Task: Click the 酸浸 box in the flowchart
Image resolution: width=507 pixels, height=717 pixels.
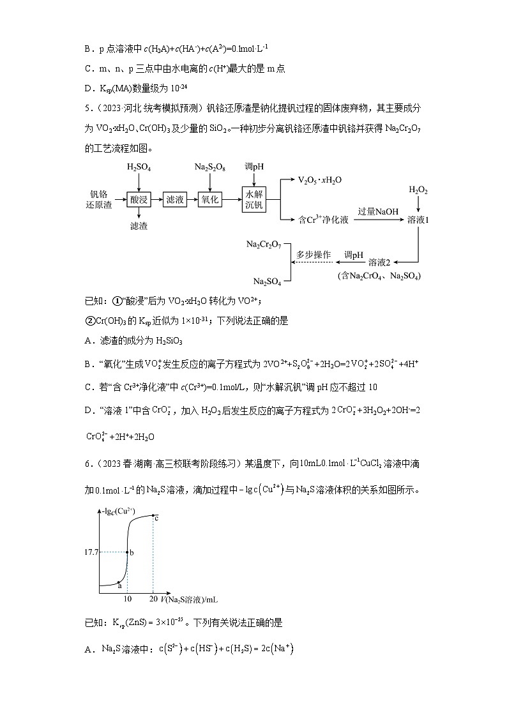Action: pyautogui.click(x=139, y=200)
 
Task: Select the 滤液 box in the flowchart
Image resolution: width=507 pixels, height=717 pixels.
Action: pyautogui.click(x=174, y=200)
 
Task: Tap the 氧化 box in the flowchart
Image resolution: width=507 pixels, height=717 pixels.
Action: pyautogui.click(x=210, y=200)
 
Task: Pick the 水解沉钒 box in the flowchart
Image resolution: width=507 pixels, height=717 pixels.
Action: pyautogui.click(x=253, y=200)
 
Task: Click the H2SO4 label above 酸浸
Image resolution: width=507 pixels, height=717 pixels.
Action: pyautogui.click(x=139, y=167)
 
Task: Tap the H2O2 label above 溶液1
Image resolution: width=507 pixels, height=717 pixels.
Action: pyautogui.click(x=418, y=191)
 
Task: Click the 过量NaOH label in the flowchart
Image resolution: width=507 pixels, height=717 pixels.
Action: pyautogui.click(x=379, y=211)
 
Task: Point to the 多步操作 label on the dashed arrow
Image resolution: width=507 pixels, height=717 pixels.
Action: pyautogui.click(x=314, y=254)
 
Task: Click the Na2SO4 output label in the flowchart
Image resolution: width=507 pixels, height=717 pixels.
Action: pyautogui.click(x=268, y=281)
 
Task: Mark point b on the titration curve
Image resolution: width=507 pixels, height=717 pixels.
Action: pyautogui.click(x=128, y=552)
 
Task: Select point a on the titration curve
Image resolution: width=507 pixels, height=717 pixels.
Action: pyautogui.click(x=120, y=581)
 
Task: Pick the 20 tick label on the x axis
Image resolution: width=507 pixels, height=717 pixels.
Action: pyautogui.click(x=153, y=599)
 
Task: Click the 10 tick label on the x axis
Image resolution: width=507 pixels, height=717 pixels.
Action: pyautogui.click(x=128, y=599)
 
